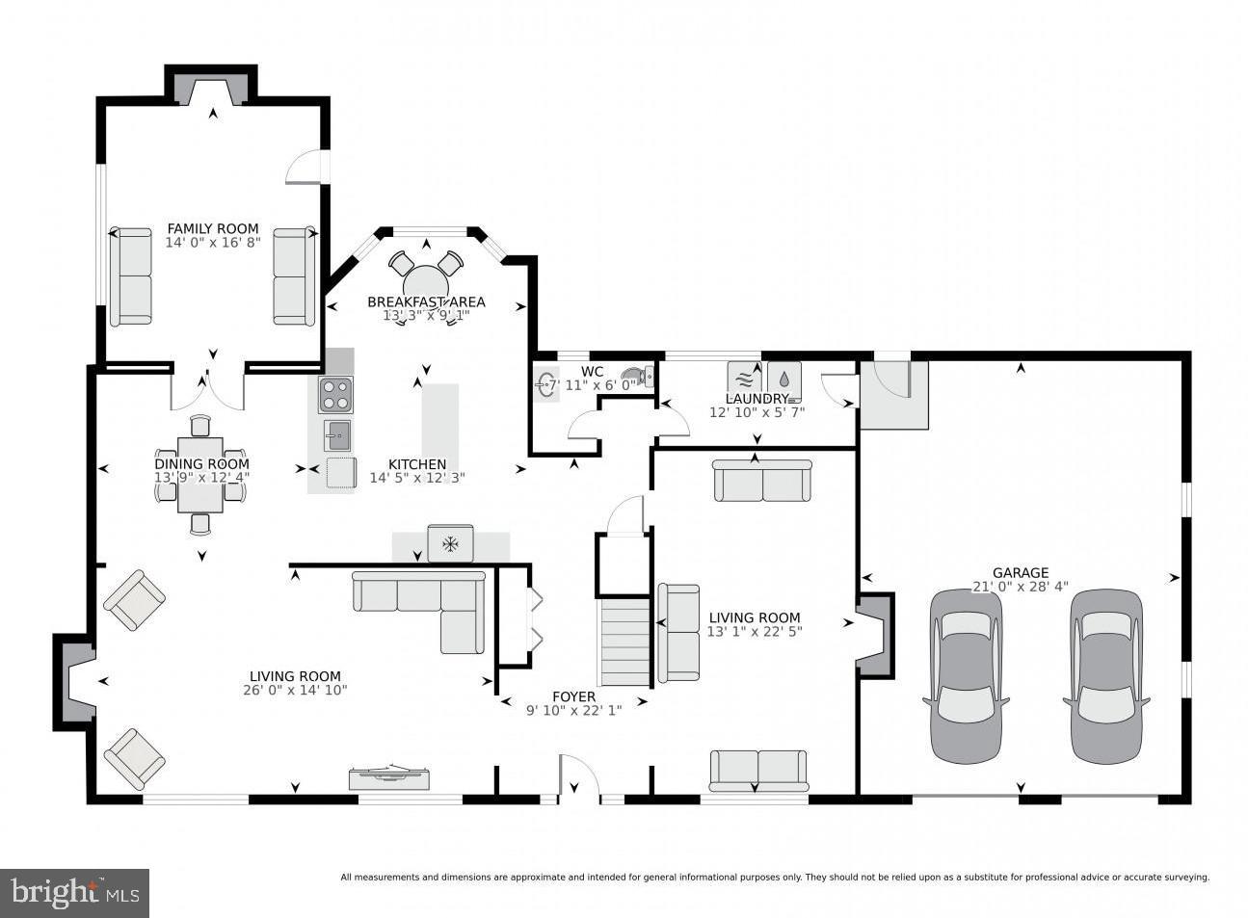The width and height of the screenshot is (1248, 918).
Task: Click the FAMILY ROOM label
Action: coord(213,228)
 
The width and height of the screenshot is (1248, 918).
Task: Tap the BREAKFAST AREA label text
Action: coord(426,302)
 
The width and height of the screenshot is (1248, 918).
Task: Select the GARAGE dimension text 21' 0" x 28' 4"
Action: coord(1020,587)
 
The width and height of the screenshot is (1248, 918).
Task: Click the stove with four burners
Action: coord(335,395)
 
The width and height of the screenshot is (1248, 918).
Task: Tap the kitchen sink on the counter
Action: coord(337,435)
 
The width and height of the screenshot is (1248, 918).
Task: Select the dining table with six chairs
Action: coord(200,475)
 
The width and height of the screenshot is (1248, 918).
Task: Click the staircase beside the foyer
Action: coord(625,642)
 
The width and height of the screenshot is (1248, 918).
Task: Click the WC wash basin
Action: coord(546,384)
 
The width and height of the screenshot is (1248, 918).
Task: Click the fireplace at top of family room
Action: coord(212,90)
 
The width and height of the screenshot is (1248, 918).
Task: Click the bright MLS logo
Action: coord(75,893)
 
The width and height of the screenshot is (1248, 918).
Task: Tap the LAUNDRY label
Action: coord(757,399)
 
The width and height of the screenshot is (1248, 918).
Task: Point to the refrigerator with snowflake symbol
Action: coord(450,544)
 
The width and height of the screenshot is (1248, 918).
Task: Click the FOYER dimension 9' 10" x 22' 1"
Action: coord(573,711)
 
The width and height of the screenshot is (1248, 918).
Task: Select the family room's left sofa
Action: coord(130,276)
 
